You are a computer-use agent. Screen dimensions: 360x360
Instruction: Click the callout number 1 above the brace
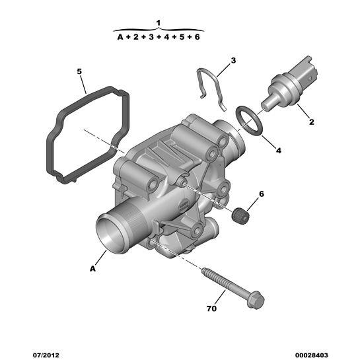click(x=158, y=23)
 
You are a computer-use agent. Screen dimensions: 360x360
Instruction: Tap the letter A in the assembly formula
click(x=120, y=37)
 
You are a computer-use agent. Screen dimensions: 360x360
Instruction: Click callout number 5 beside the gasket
click(x=79, y=71)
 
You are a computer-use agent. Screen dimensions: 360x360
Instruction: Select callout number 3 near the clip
click(x=233, y=61)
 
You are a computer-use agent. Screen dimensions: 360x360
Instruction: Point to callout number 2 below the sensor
click(x=311, y=122)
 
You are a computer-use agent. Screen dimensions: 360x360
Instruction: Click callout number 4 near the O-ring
click(x=279, y=151)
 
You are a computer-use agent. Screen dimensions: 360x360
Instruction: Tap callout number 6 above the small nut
click(x=262, y=194)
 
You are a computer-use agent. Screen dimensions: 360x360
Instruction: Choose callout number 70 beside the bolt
click(x=211, y=308)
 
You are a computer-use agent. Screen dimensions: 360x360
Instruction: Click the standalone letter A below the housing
click(x=92, y=269)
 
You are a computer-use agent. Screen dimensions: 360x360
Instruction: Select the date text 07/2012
click(x=46, y=355)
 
